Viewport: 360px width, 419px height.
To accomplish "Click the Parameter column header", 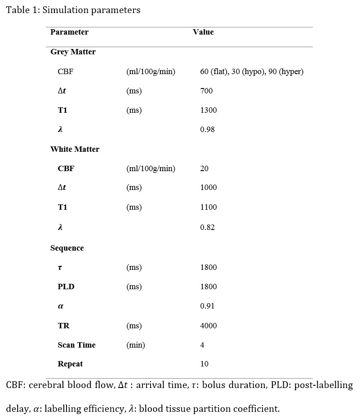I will [x=69, y=32].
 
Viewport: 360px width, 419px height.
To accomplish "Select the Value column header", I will [x=203, y=32].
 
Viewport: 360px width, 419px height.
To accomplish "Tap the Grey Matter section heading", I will [x=73, y=52].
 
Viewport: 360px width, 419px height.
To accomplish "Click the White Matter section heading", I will [x=75, y=149].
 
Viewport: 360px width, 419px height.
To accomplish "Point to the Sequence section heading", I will [x=67, y=248].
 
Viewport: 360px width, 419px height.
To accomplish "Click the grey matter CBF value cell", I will [x=252, y=71].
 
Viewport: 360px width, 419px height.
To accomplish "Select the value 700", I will [x=206, y=91].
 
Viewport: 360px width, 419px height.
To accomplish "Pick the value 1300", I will [x=208, y=110].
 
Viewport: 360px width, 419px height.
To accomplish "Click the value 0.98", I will [x=207, y=129].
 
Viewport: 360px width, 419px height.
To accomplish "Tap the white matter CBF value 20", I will [x=204, y=168].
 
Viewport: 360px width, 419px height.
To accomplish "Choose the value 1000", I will [x=208, y=188].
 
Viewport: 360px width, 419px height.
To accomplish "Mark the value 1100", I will [x=208, y=207].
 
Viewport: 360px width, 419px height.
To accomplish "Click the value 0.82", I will [x=207, y=227].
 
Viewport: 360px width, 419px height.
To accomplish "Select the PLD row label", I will [x=66, y=287].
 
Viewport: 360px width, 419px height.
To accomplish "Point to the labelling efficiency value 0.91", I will [x=207, y=306].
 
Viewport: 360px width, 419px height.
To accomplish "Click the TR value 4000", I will [x=208, y=326].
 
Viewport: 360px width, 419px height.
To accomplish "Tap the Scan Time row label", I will [x=76, y=345].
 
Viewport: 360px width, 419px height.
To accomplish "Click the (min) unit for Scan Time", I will [x=136, y=345].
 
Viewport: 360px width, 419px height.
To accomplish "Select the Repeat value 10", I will [x=204, y=364].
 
